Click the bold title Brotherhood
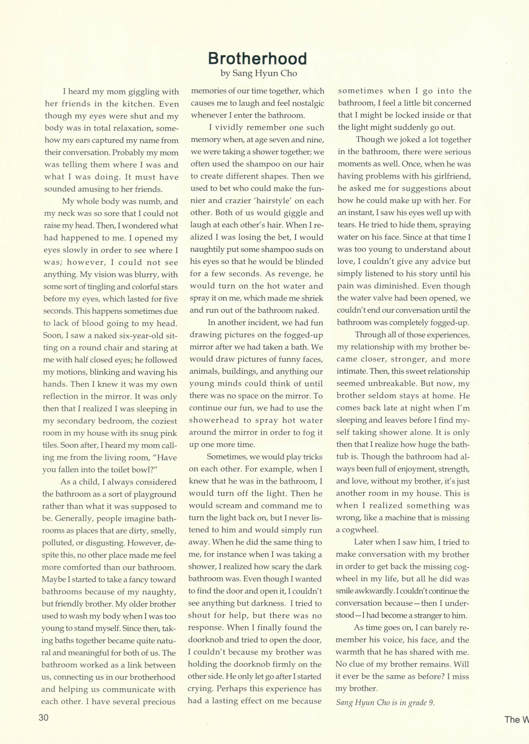[x=257, y=59]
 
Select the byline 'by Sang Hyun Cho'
[x=259, y=73]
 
